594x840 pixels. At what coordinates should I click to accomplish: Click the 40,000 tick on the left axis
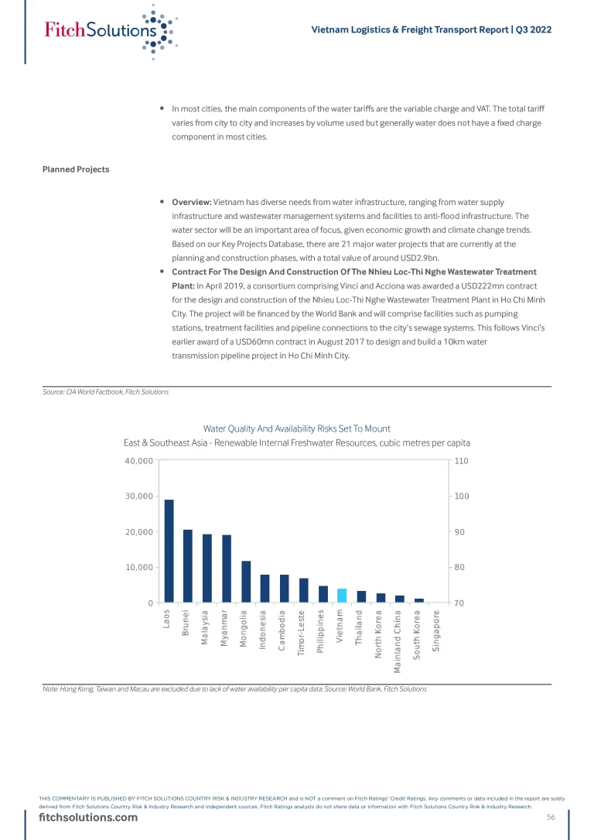138,461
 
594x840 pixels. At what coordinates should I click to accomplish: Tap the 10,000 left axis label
138,567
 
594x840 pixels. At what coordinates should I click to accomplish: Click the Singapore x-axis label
437,632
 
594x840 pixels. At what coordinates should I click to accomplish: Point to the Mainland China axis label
398,638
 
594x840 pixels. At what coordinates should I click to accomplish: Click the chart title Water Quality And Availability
297,429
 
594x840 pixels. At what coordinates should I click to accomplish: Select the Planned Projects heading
76,169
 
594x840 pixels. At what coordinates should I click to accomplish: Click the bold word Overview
191,202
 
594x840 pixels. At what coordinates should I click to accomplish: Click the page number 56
551,818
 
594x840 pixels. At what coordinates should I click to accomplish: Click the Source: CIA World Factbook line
106,392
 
